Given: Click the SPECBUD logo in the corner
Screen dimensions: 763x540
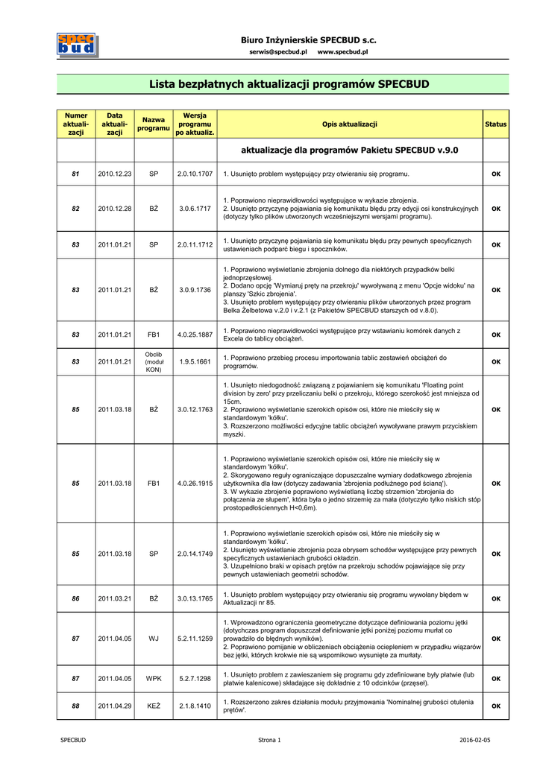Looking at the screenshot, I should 77,45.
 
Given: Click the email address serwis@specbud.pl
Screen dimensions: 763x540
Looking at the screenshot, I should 278,52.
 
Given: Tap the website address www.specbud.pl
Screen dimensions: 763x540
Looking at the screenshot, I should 342,52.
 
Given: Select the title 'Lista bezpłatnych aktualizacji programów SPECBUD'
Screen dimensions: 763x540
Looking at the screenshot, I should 289,84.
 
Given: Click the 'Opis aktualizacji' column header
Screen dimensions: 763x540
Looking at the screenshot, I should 350,124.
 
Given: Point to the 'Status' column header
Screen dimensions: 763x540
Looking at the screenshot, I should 495,124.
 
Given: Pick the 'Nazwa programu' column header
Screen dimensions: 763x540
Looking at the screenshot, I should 154,124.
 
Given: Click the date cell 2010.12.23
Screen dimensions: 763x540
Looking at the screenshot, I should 114,174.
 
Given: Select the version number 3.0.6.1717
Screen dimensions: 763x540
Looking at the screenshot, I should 195,209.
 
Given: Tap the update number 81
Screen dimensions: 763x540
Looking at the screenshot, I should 75,174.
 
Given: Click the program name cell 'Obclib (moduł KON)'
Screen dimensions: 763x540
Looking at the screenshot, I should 154,361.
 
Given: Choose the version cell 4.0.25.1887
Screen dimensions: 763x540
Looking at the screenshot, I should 195,335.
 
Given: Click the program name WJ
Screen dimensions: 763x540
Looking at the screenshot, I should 154,639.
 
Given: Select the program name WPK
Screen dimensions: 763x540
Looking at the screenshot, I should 154,679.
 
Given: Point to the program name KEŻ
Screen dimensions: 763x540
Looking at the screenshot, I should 154,706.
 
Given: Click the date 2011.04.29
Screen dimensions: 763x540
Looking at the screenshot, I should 114,706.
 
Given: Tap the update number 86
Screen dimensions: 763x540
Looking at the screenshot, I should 75,598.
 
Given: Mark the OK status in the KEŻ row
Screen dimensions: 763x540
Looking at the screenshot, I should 495,706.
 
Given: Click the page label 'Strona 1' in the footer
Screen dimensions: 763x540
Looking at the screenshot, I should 269,740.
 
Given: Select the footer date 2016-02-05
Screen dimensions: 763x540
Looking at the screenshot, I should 475,740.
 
